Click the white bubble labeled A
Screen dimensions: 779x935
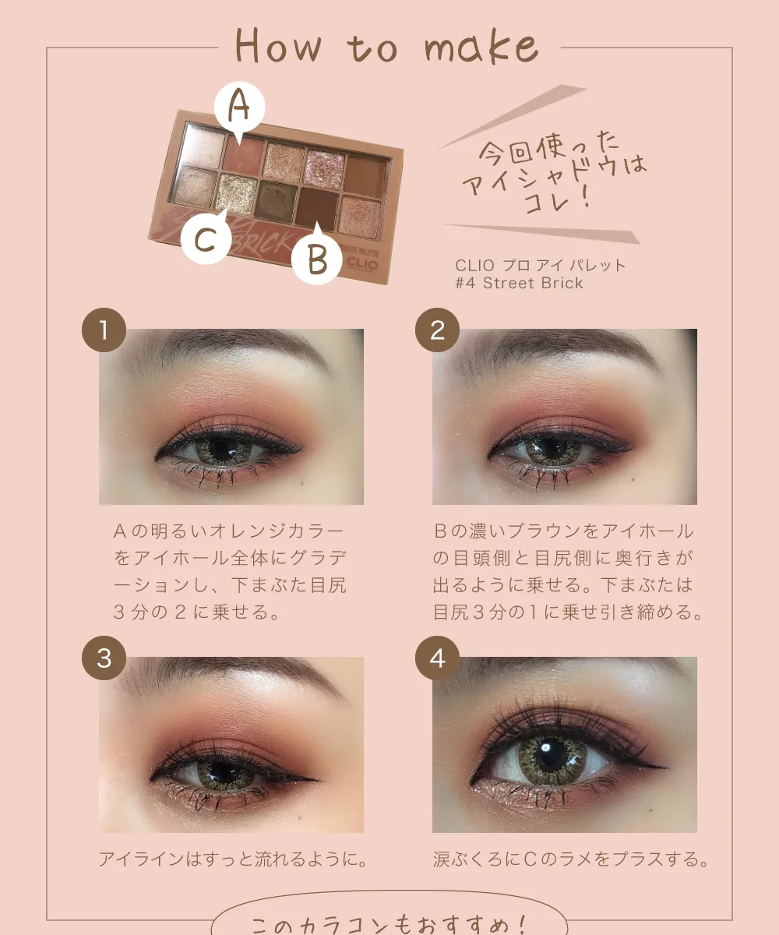239,108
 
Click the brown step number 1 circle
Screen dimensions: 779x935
104,330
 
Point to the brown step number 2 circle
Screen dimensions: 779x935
437,330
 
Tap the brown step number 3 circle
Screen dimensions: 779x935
104,658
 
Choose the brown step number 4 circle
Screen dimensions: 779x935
437,658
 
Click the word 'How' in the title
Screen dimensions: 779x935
278,45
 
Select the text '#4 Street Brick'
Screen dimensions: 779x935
520,283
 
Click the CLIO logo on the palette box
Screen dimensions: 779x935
362,264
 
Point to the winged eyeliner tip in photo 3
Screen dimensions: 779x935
319,780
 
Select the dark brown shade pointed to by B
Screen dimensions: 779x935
317,206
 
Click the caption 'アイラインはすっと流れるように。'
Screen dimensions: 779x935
233,859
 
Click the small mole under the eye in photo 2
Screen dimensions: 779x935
633,479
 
